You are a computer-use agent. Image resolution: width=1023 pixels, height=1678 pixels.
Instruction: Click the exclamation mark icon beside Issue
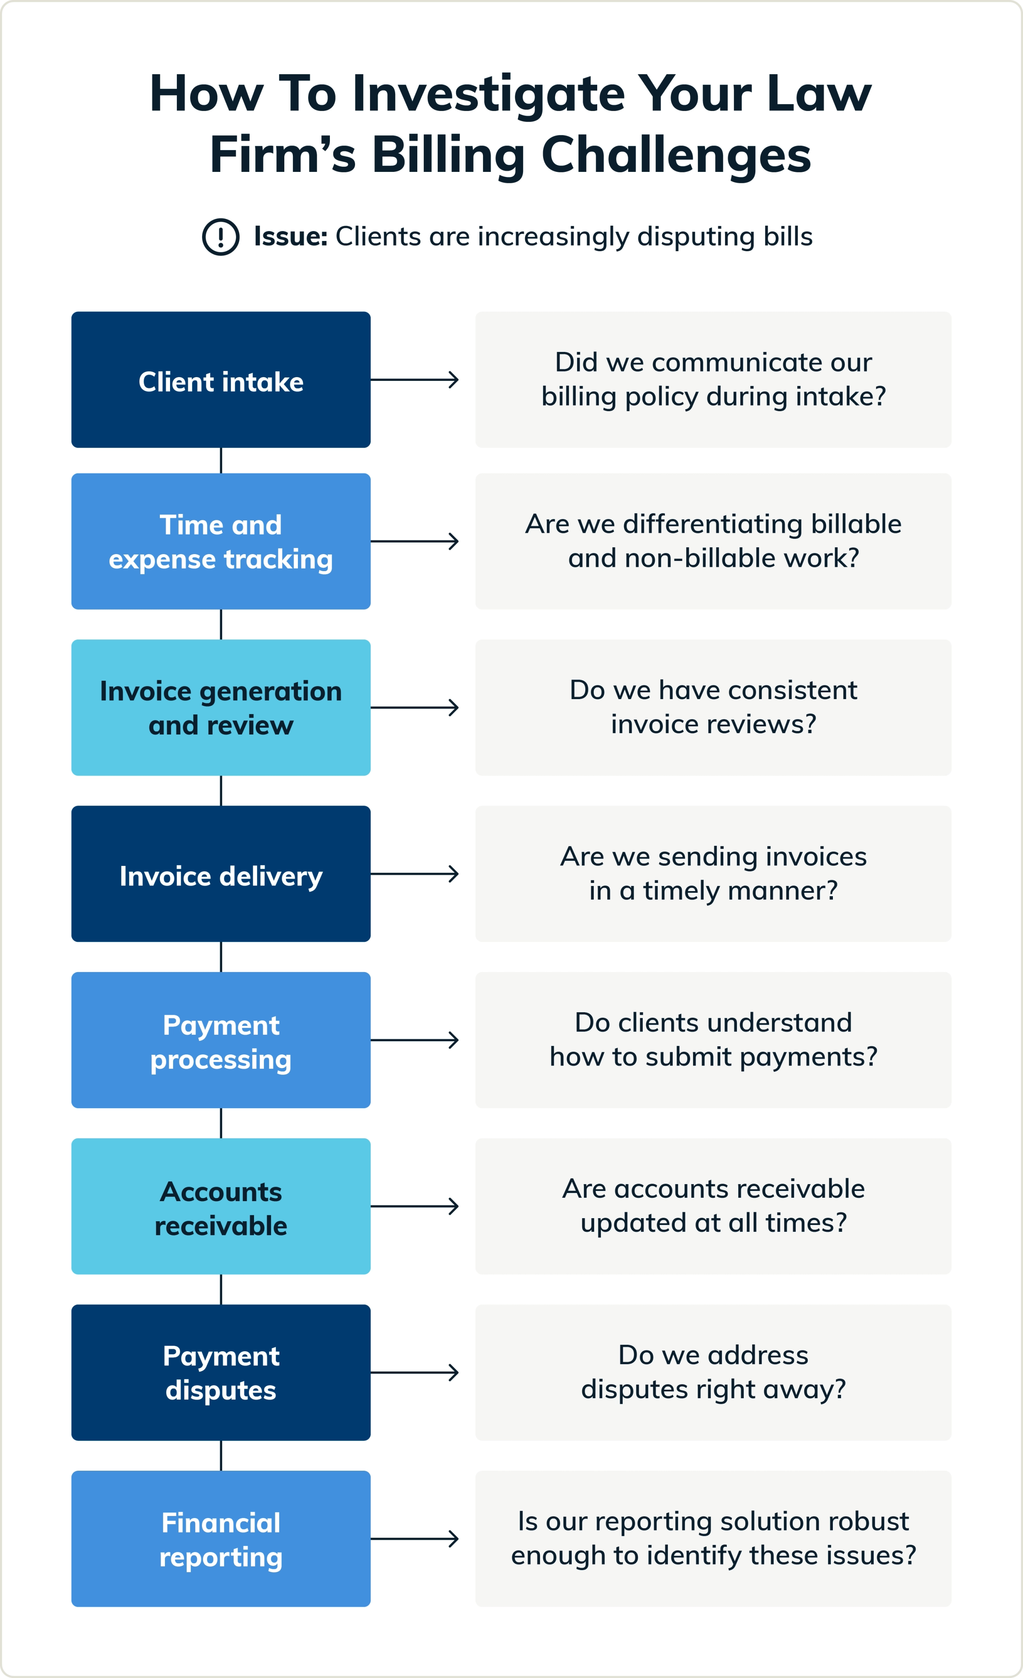(220, 237)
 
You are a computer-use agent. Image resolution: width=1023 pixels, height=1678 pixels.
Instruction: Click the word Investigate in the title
(488, 94)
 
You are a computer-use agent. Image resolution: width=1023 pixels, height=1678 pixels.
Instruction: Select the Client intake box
(220, 380)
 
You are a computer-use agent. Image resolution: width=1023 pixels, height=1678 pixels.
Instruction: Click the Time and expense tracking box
(220, 541)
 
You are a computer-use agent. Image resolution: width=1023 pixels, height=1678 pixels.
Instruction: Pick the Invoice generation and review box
(220, 708)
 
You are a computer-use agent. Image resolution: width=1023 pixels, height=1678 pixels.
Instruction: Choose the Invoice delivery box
(220, 874)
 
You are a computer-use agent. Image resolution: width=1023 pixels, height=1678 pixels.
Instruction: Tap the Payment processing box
(220, 1040)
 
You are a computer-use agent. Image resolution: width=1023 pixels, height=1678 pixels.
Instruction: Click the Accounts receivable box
(220, 1206)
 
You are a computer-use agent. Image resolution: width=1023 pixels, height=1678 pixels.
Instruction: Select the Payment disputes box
(220, 1372)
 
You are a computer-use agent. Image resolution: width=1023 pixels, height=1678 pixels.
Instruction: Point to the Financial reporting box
(220, 1539)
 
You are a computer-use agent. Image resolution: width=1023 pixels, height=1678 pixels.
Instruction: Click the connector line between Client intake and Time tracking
(220, 460)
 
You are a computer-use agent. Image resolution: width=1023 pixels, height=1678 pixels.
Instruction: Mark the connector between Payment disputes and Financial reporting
(220, 1455)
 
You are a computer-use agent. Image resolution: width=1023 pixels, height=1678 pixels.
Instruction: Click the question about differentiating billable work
(713, 541)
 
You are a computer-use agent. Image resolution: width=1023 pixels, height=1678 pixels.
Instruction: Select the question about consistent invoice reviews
(713, 708)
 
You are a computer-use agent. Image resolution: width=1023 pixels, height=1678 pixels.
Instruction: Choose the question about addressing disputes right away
(713, 1372)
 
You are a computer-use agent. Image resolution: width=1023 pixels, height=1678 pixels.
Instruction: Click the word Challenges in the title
(676, 155)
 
